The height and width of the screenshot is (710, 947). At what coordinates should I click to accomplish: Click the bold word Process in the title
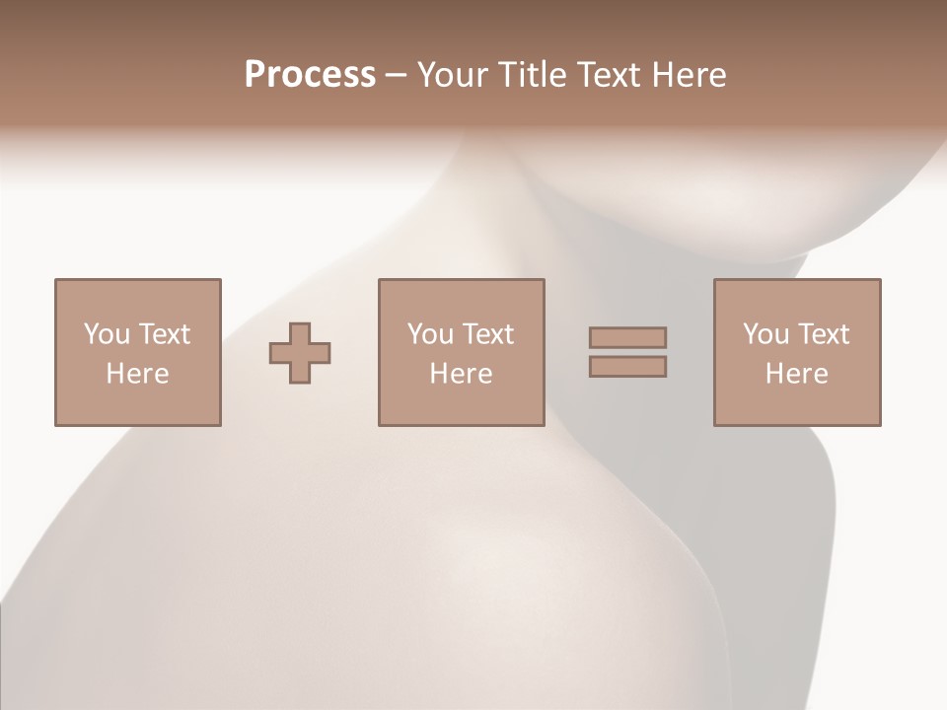310,75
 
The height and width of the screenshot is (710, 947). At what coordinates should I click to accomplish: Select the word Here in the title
691,75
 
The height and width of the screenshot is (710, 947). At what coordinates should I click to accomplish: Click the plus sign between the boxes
300,353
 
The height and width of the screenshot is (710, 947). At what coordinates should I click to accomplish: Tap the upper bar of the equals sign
627,337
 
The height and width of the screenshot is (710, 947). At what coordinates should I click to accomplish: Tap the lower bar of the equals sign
627,367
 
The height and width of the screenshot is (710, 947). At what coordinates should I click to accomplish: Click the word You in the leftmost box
107,333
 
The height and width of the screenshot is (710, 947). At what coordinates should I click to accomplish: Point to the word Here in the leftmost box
137,374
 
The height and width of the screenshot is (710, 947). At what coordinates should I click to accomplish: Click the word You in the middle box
430,333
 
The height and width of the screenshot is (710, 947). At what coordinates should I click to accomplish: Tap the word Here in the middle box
461,374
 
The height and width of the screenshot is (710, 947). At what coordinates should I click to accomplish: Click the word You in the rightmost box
765,333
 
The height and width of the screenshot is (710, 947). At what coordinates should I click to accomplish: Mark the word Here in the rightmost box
796,374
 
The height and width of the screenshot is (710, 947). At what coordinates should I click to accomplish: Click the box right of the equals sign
797,404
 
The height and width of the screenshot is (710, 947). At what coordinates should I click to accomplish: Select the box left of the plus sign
137,404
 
